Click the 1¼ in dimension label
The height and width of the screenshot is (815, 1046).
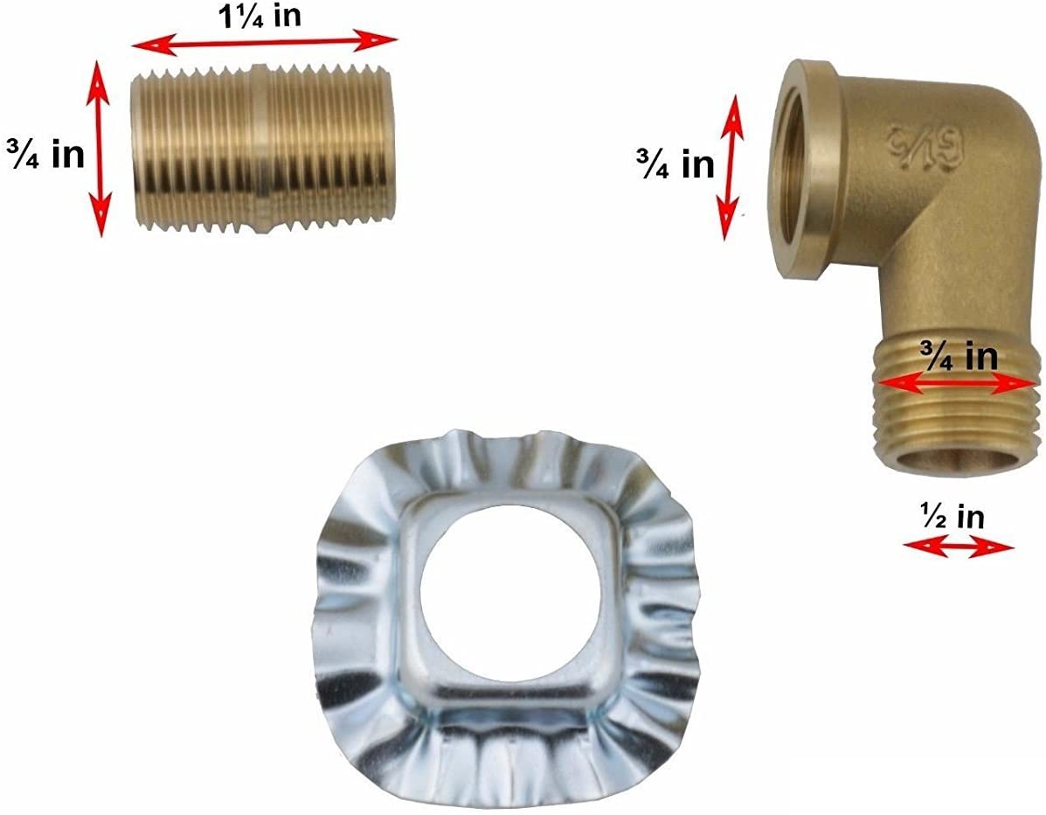[260, 16]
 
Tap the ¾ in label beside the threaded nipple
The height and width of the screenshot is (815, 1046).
[46, 154]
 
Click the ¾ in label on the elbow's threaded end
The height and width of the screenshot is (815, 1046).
[959, 357]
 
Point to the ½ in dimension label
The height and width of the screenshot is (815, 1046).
[952, 517]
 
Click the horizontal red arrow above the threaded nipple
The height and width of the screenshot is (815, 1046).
[264, 42]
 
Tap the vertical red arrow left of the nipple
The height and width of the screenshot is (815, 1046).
[99, 148]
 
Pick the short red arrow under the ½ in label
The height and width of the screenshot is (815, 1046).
[958, 547]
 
